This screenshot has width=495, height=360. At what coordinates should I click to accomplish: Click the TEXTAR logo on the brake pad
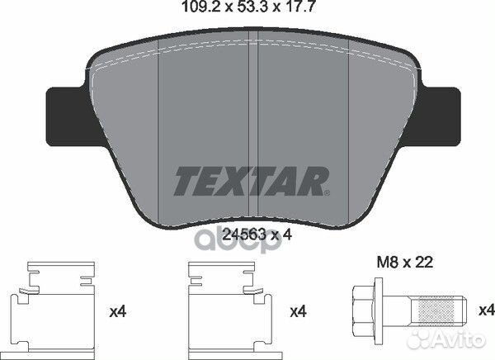(x=252, y=178)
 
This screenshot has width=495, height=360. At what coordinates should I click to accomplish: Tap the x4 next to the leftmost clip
(x=118, y=314)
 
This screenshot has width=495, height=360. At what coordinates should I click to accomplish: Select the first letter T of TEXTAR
(x=186, y=178)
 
